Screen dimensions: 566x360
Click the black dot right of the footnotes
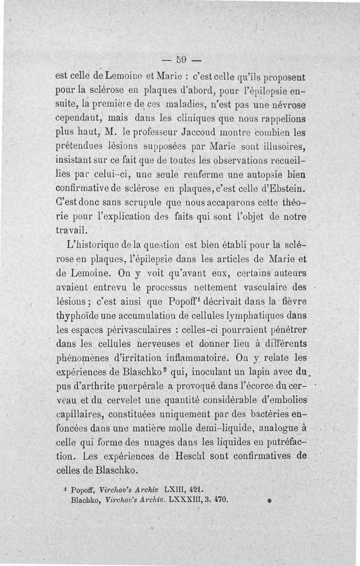tap(269, 500)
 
